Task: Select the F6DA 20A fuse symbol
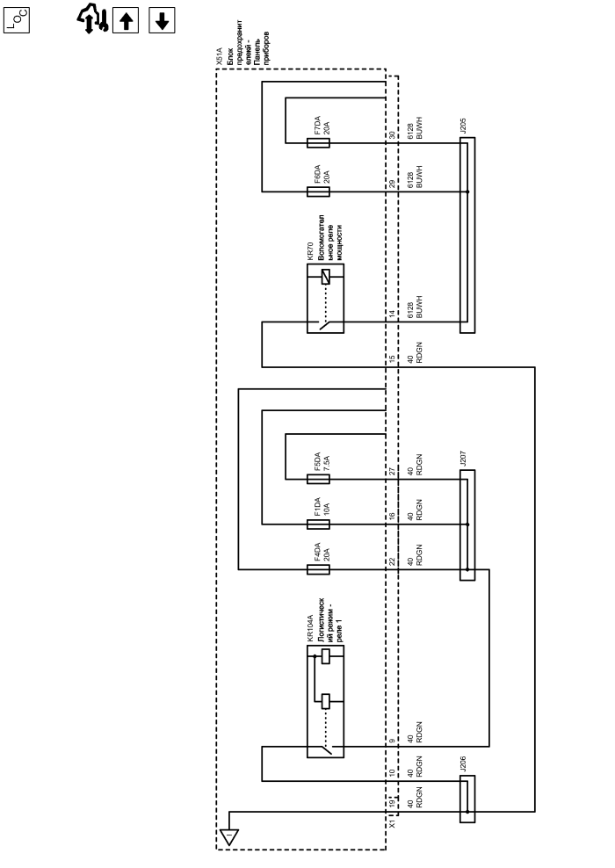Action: coord(319,191)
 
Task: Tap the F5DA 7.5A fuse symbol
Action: coord(319,479)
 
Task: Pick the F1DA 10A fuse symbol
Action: coord(319,524)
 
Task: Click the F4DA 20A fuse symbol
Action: coord(319,570)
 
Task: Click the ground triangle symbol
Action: coord(228,836)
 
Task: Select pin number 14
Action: coord(393,314)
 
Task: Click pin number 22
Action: coord(393,561)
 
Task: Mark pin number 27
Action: coord(393,471)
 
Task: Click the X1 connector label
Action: coord(393,824)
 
